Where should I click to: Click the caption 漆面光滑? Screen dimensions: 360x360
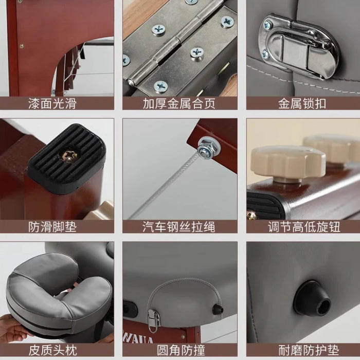(x=52, y=103)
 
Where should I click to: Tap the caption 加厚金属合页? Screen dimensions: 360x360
(x=179, y=103)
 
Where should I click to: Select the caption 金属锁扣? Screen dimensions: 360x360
(x=302, y=103)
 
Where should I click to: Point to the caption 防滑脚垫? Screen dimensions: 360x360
(x=52, y=227)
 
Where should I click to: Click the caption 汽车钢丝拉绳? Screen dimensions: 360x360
(x=179, y=227)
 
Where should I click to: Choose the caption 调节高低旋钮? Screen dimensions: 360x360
(x=304, y=227)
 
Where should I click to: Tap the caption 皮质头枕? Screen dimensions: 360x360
(x=52, y=350)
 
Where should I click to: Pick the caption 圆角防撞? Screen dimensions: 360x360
(x=181, y=350)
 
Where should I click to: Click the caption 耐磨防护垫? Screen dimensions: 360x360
(x=309, y=350)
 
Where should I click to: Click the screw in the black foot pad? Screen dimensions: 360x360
(x=69, y=155)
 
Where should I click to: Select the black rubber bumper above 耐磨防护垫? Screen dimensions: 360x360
(x=312, y=298)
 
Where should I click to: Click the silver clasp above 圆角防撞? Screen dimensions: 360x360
(x=153, y=318)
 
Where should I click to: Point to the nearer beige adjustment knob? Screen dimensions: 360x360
(x=287, y=164)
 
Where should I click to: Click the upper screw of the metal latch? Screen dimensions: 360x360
(x=268, y=24)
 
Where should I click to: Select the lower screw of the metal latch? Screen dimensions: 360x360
(x=265, y=54)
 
